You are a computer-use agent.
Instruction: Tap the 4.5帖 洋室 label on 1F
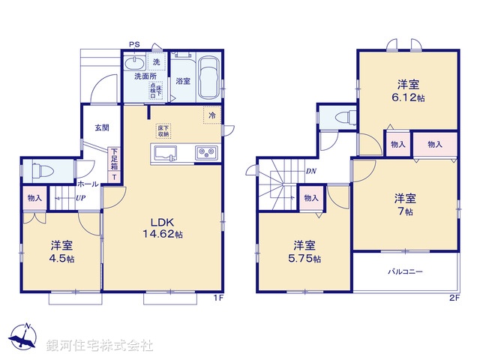62,251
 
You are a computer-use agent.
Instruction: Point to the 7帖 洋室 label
406,205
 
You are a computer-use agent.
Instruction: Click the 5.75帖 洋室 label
304,251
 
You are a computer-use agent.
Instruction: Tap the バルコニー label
405,271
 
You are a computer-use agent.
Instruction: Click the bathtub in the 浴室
208,78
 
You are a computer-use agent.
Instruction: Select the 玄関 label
102,128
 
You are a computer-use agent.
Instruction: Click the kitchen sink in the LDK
166,154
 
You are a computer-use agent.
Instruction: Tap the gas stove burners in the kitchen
205,154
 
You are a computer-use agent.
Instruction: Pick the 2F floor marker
453,299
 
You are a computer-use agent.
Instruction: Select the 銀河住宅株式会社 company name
99,346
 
